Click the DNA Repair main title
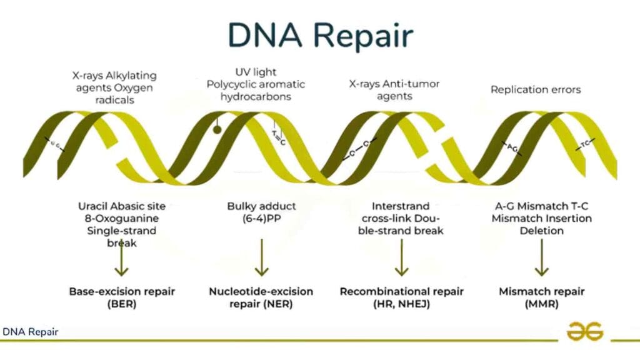point(320,36)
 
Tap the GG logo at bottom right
point(584,331)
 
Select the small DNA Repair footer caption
point(31,332)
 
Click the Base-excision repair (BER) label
point(122,297)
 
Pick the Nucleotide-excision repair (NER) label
point(261,297)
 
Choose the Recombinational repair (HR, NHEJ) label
point(401,297)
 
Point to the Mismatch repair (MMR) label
point(541,297)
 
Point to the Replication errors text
point(536,89)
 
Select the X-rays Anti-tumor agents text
point(394,90)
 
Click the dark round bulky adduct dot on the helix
point(217,130)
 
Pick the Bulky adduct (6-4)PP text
point(262,212)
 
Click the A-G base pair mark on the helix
point(511,148)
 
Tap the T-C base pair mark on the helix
point(585,144)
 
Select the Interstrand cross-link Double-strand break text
point(401,218)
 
